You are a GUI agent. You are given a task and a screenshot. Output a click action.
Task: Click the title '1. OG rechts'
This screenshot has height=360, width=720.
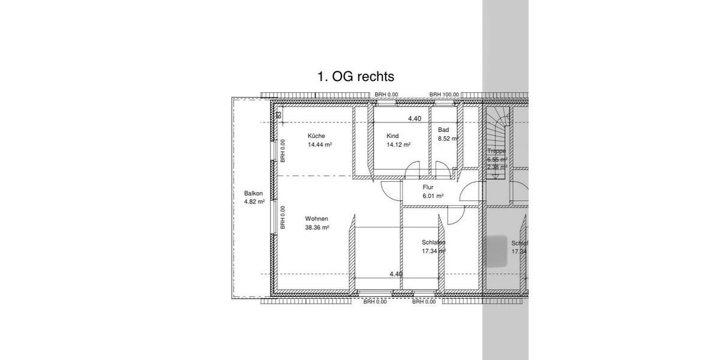356,77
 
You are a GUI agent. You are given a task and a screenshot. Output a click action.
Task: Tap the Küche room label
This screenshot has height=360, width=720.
316,136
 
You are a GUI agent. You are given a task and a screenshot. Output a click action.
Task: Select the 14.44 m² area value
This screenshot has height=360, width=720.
320,145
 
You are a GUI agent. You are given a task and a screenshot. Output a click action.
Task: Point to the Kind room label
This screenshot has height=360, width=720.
392,136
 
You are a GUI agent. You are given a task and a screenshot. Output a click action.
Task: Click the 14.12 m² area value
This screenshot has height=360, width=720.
398,145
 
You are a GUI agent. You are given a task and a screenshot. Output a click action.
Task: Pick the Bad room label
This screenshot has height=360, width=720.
443,130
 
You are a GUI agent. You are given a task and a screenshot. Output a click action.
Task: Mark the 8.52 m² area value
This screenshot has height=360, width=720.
448,139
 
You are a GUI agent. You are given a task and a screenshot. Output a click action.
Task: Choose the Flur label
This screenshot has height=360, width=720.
428,187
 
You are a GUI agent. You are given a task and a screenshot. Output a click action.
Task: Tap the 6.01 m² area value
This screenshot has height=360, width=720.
433,196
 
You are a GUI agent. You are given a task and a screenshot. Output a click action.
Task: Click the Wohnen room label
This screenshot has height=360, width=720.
316,218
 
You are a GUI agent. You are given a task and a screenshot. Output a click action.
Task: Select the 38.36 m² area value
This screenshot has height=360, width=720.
317,228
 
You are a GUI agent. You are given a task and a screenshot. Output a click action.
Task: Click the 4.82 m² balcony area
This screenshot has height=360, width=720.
254,202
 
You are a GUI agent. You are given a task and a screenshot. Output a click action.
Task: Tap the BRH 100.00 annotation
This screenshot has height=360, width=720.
444,95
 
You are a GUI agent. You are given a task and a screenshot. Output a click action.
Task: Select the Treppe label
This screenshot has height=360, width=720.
496,151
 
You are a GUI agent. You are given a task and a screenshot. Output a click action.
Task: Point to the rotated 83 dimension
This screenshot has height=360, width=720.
278,113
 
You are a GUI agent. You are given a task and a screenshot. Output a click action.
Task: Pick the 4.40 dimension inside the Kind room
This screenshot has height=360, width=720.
414,119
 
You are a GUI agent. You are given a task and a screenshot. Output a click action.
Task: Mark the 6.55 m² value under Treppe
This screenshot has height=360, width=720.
497,160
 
